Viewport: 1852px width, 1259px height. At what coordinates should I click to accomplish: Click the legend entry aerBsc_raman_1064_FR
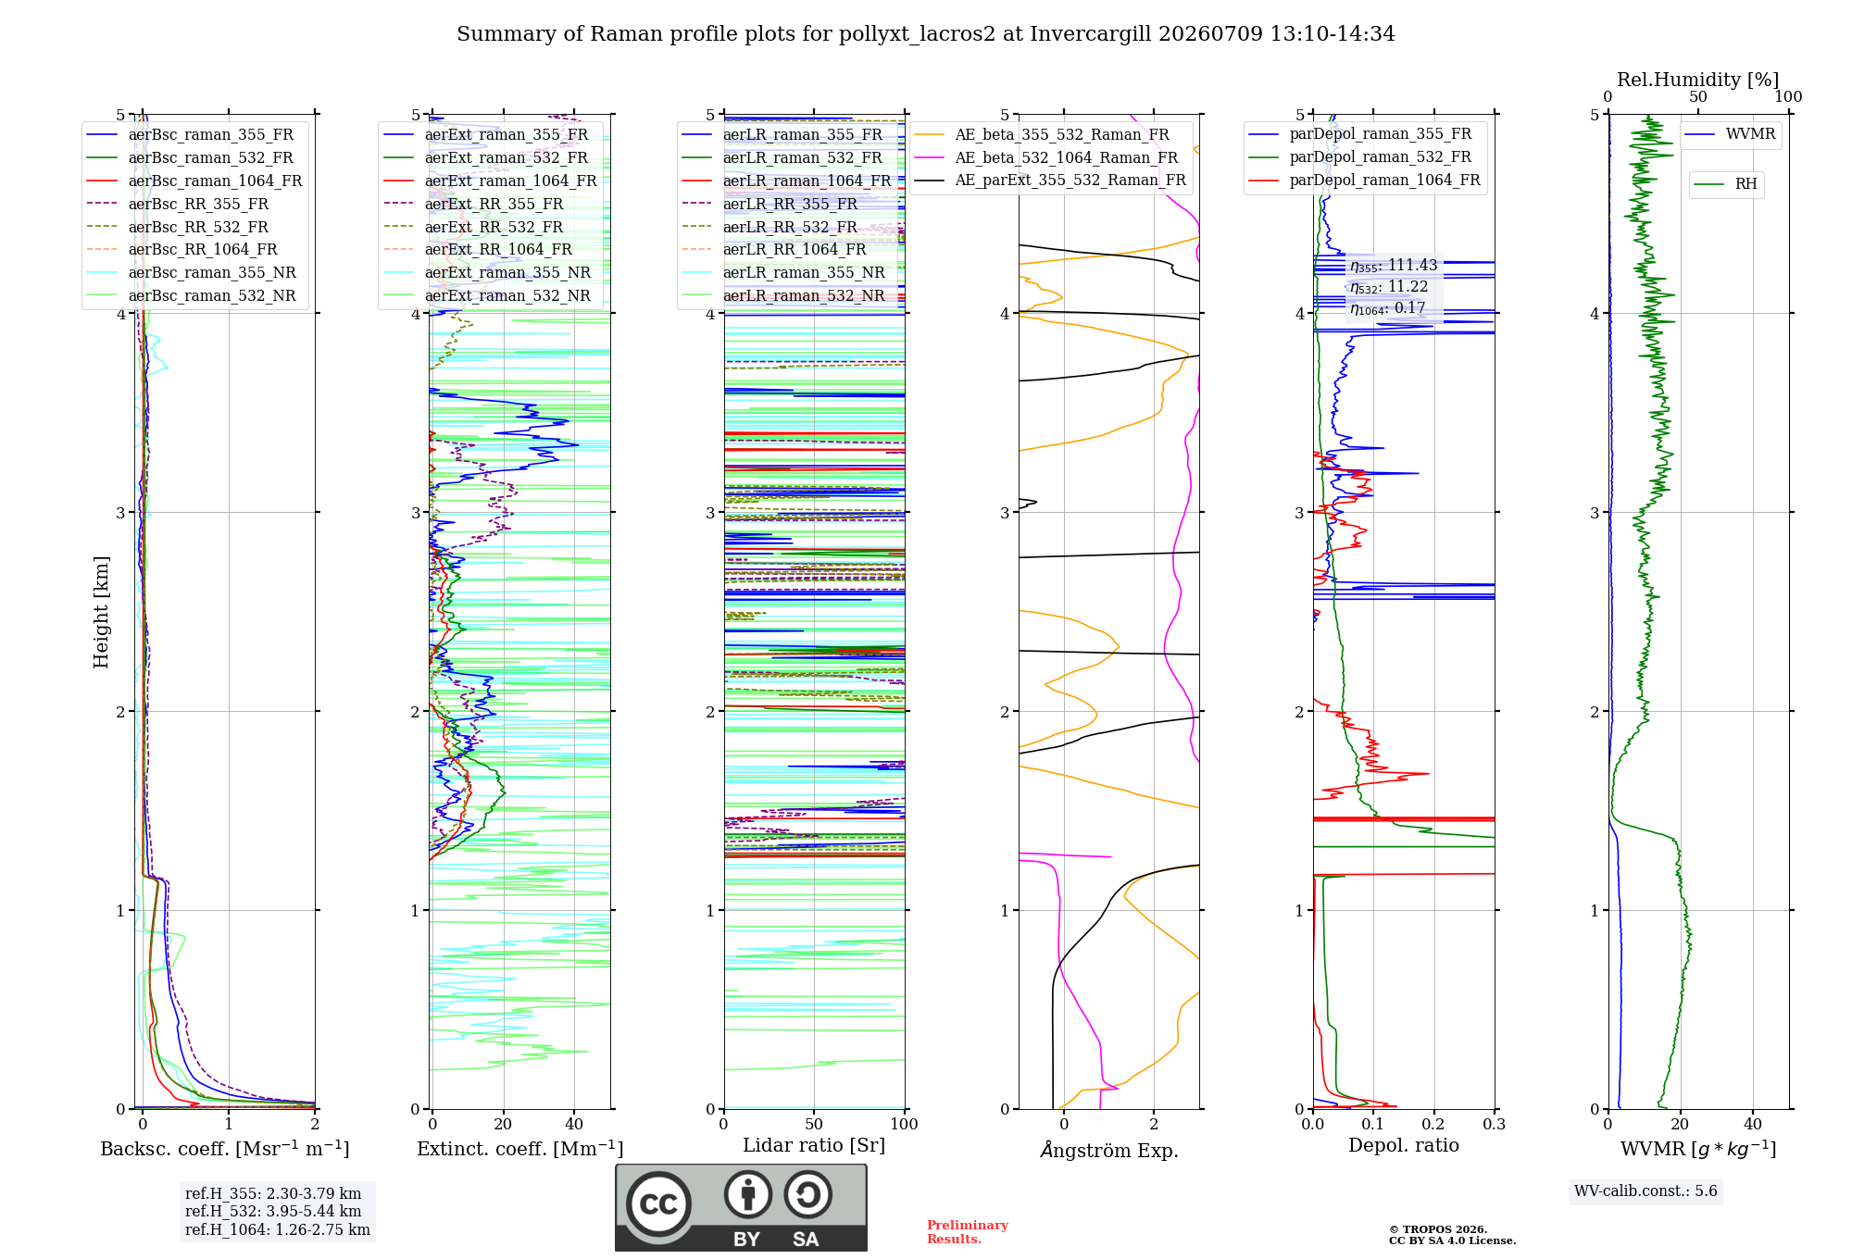coord(215,181)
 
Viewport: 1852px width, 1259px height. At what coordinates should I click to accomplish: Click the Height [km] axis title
coord(101,612)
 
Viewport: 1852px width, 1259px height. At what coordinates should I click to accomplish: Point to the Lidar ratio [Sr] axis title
coord(814,1145)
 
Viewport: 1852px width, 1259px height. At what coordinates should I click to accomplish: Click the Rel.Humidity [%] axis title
coord(1698,80)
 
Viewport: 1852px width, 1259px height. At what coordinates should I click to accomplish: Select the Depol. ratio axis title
coord(1404,1145)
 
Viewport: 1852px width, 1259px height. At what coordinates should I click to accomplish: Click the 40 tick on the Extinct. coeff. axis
coord(574,1124)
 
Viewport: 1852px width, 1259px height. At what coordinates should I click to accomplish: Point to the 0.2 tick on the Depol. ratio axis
coord(1433,1124)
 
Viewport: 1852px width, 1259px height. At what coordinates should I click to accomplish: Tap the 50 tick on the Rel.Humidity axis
coord(1698,96)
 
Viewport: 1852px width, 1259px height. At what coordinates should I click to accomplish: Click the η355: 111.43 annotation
coord(1394,266)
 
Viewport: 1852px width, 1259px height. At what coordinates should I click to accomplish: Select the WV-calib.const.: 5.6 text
coord(1646,1190)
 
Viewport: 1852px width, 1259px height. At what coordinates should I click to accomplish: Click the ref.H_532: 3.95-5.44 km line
coord(273,1211)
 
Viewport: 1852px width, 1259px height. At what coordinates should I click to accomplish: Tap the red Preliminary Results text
coord(968,1232)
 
